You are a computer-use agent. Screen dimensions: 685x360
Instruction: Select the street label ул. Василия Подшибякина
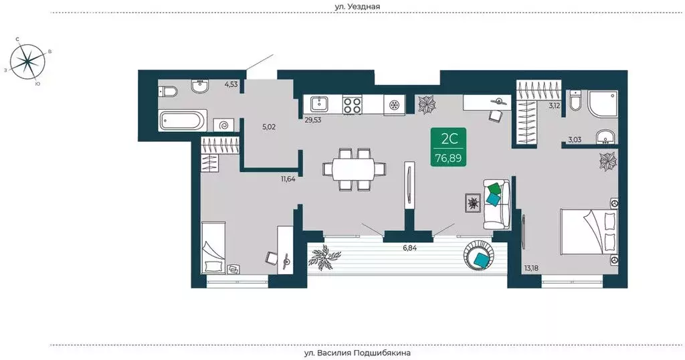(x=357, y=353)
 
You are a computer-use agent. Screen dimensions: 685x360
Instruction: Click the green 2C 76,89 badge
(x=448, y=147)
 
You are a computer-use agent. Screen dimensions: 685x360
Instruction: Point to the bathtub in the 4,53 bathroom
(x=183, y=120)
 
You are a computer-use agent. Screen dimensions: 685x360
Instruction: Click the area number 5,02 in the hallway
(x=269, y=127)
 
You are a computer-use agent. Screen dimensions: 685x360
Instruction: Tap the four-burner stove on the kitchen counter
(x=352, y=105)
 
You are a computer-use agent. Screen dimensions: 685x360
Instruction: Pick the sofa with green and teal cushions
(x=497, y=204)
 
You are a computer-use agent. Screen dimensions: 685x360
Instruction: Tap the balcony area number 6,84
(x=410, y=248)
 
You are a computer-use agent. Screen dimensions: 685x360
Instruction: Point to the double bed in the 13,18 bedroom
(x=589, y=231)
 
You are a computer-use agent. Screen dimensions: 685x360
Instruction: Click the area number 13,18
(x=531, y=268)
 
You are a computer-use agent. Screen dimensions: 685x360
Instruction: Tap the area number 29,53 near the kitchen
(x=313, y=119)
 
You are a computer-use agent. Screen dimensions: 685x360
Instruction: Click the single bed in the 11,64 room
(x=213, y=248)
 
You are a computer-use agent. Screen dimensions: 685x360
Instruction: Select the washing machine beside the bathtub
(x=223, y=125)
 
